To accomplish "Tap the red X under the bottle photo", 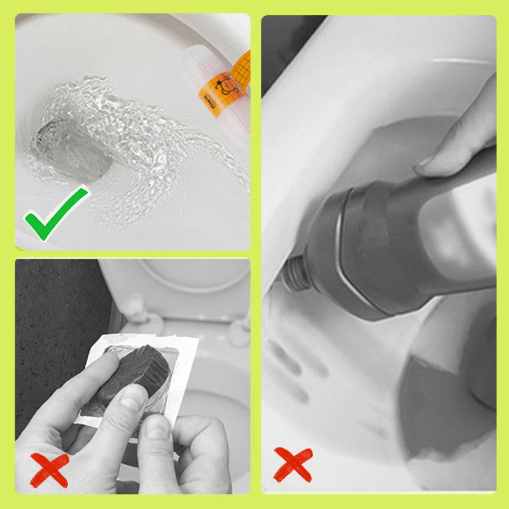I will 293,462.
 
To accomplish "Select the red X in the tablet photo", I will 48,470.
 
